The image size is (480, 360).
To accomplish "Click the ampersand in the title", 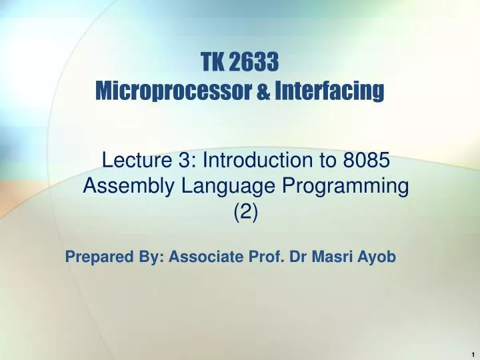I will tap(263, 91).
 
